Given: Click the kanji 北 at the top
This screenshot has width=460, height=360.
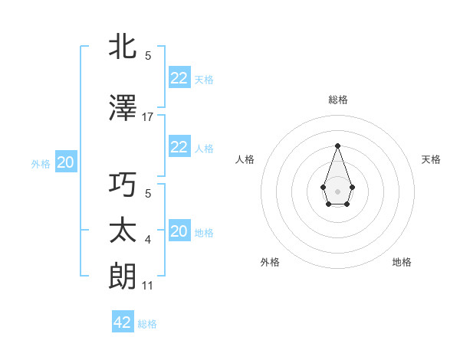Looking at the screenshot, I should pos(123,47).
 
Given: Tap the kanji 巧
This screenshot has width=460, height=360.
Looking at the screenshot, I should pos(123,185).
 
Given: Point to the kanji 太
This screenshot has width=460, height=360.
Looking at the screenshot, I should pos(123,231).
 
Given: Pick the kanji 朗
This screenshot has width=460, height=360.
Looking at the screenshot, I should pos(123,277).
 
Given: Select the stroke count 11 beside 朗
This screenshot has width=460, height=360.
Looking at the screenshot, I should pos(148,286).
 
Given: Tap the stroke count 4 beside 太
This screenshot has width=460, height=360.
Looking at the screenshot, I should pos(148,240).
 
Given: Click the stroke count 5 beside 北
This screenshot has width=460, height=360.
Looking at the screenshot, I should pos(148,55).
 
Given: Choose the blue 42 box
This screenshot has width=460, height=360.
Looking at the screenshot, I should pos(123,322).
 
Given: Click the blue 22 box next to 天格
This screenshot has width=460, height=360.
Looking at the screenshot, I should pos(179,77).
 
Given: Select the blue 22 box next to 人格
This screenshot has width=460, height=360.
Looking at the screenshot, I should pos(179,147).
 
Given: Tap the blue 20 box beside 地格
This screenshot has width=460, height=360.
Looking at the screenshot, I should pos(179,231).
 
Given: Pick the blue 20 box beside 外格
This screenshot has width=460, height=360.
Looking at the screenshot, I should pos(66,162).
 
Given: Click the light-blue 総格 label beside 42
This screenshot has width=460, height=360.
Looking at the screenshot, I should pos(147,324).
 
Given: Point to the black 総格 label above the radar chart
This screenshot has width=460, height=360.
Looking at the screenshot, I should pos(337,100).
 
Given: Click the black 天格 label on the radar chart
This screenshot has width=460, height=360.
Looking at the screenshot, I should pos(431,159).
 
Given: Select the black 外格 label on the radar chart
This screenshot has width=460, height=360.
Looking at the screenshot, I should pos(270,262).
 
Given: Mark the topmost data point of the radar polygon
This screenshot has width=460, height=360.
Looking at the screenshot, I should pos(337,145).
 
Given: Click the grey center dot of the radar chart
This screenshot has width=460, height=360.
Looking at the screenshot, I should pos(337,190).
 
